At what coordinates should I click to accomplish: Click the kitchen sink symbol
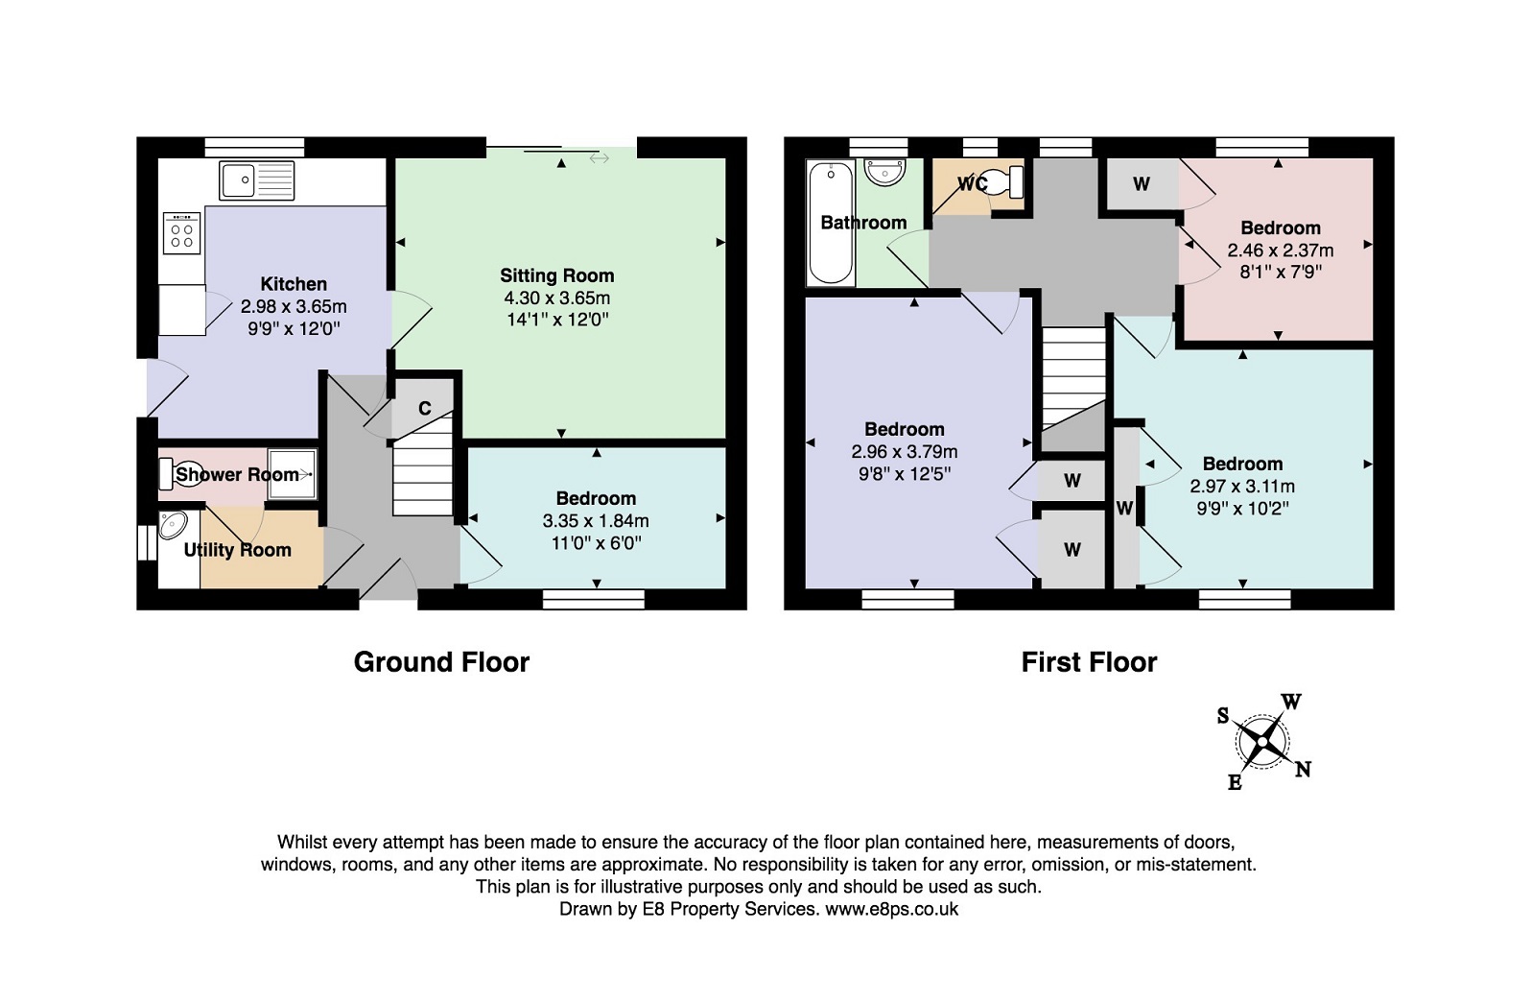257,180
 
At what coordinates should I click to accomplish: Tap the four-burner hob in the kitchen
182,233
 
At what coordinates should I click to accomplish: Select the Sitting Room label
557,275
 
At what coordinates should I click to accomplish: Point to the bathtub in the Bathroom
831,223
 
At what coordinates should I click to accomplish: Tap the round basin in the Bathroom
885,173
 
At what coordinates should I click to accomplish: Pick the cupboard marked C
424,408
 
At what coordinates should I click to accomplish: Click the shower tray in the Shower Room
293,473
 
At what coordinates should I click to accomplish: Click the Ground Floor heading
441,662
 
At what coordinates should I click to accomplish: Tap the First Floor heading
1089,662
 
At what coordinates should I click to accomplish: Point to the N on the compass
1303,770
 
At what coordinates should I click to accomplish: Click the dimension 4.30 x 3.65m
557,298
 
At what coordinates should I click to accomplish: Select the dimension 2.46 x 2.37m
1281,250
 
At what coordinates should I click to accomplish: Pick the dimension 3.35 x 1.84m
596,521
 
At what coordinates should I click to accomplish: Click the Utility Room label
237,550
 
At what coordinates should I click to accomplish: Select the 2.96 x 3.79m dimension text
905,452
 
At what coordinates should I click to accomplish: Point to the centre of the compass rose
1262,742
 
